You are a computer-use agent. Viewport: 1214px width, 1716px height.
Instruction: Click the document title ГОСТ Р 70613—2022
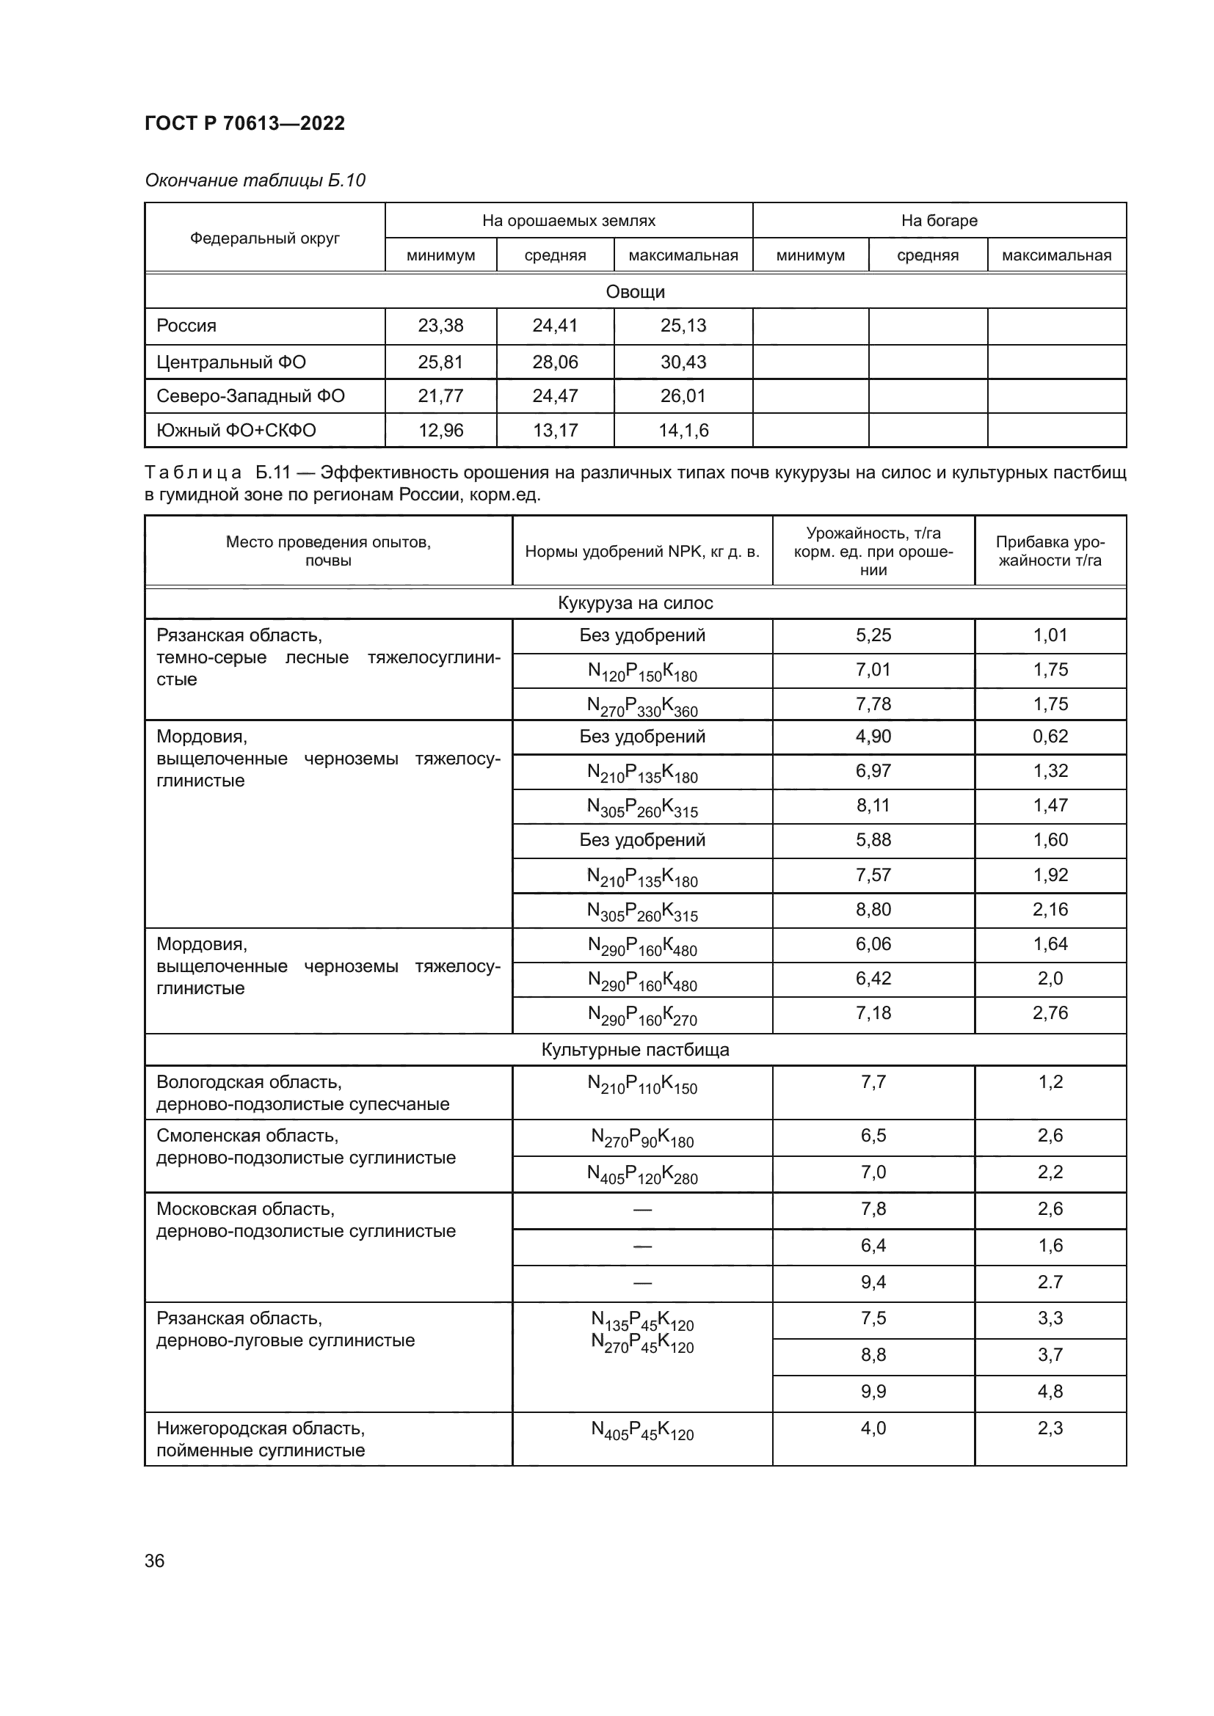click(244, 123)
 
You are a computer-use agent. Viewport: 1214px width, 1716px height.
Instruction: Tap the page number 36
click(154, 1560)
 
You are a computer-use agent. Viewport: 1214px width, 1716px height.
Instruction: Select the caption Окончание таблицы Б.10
click(254, 180)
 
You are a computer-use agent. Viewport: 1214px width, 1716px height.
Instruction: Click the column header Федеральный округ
click(265, 238)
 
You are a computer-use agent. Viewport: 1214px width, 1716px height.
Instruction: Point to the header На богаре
click(939, 221)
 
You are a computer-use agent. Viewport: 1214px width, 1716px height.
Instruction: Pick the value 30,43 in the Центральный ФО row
click(683, 362)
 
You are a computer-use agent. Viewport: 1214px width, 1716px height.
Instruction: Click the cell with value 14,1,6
click(683, 431)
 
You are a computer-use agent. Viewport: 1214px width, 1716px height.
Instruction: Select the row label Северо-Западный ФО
click(250, 396)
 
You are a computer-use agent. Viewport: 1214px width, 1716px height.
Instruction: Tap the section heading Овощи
click(635, 291)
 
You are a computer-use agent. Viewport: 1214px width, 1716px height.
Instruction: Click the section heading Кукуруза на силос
click(635, 603)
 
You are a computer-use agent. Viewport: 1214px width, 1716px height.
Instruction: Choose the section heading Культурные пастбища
click(635, 1049)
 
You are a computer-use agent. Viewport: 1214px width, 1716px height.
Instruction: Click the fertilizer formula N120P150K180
click(642, 672)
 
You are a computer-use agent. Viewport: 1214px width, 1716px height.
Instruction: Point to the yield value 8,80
click(873, 910)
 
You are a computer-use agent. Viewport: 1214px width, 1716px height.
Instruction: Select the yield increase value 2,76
click(1050, 1012)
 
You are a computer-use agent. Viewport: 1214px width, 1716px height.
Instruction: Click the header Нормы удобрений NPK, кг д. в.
click(642, 552)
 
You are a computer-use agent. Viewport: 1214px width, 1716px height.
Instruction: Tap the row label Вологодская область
click(249, 1082)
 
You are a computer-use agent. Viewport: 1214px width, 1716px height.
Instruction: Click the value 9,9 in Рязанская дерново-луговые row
click(873, 1392)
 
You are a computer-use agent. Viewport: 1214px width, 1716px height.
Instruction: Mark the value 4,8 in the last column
click(1050, 1392)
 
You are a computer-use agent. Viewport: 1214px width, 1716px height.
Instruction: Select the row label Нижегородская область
click(260, 1428)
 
